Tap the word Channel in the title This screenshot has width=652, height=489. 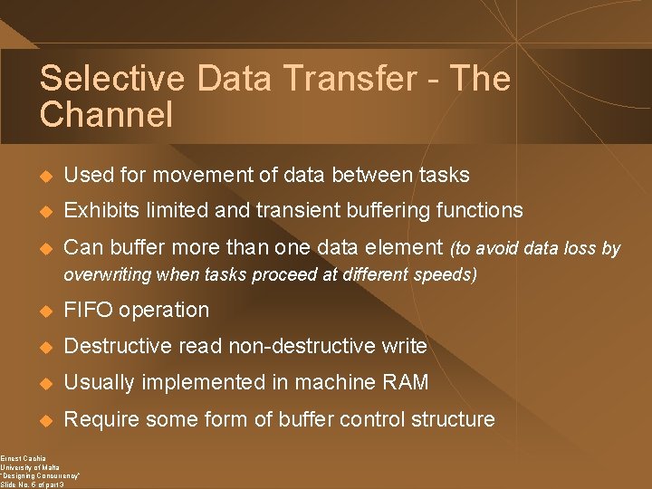[106, 115]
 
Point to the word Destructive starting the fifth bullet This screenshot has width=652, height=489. [118, 346]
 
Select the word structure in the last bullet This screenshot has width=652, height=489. [454, 419]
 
